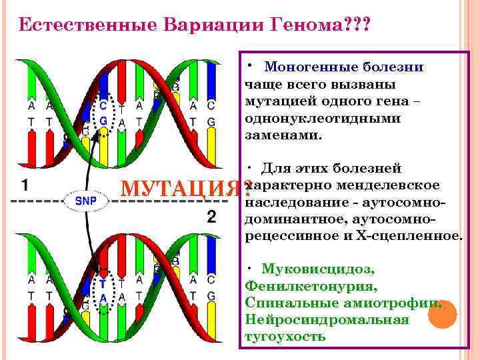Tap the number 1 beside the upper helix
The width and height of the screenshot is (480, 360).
click(x=24, y=185)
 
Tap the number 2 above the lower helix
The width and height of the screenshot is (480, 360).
click(x=211, y=217)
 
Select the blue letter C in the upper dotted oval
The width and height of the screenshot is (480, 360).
click(x=103, y=105)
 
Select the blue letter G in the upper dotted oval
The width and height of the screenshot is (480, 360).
click(x=103, y=121)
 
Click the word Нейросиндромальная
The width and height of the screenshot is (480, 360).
click(x=327, y=319)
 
